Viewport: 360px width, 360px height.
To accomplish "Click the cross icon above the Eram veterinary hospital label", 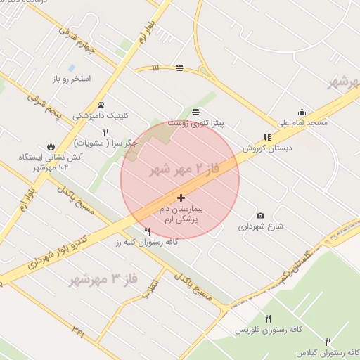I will [181, 198].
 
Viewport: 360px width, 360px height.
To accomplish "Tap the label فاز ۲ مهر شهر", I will [185, 169].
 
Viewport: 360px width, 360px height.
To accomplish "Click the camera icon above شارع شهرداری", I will [260, 215].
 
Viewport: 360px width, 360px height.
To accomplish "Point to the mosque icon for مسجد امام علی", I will [302, 112].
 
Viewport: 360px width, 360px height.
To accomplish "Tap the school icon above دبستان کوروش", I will [266, 138].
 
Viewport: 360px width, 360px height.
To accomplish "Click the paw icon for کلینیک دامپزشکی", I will [101, 105].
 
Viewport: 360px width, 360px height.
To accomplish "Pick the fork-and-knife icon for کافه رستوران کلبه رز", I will [147, 231].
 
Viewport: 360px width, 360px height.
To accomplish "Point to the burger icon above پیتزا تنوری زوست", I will [195, 112].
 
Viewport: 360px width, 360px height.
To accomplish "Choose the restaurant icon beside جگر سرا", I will [106, 131].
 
